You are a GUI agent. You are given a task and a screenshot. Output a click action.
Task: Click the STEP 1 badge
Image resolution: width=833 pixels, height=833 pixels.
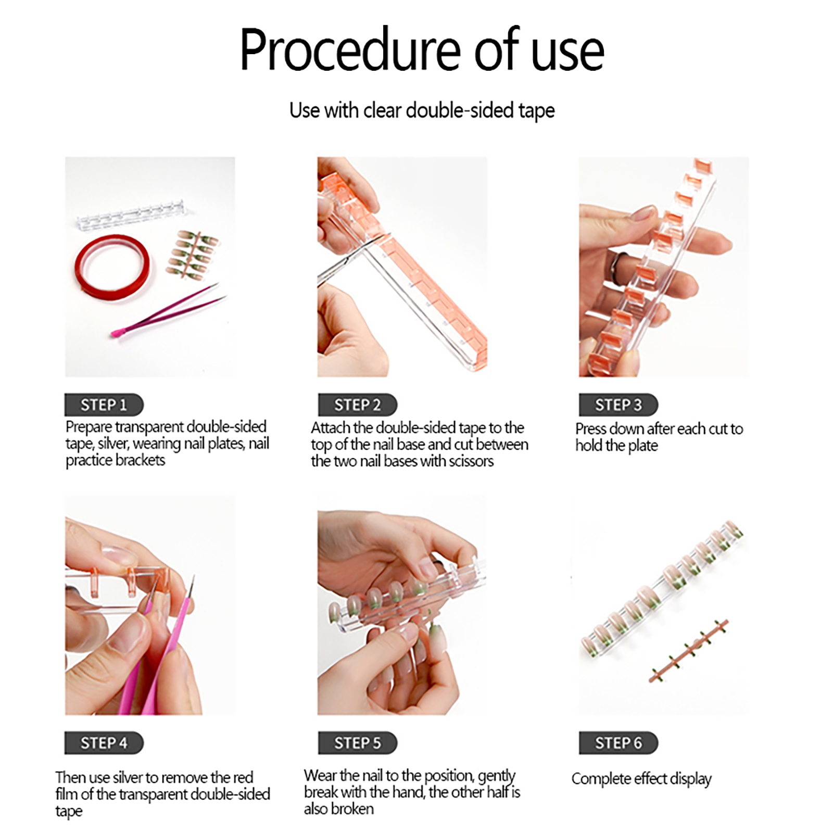[104, 405]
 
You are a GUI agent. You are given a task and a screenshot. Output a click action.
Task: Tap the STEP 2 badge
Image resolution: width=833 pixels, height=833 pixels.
[358, 405]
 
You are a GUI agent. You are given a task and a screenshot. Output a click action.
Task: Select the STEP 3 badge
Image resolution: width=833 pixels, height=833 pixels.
[619, 405]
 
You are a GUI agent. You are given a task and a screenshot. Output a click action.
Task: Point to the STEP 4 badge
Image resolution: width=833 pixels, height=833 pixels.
[104, 742]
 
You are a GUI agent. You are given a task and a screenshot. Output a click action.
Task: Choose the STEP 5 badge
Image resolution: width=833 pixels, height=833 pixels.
[358, 742]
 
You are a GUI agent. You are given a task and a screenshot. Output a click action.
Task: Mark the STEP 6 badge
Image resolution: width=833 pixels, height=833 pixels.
[619, 742]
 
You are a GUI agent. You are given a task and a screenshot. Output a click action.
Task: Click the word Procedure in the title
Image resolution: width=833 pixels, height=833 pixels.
[350, 51]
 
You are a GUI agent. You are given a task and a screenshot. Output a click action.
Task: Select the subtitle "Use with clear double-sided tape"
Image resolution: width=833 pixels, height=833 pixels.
[422, 110]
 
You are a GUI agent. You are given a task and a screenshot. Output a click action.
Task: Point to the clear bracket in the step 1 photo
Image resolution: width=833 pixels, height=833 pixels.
[136, 217]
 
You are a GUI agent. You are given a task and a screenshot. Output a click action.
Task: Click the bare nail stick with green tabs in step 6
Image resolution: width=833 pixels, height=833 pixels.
[689, 651]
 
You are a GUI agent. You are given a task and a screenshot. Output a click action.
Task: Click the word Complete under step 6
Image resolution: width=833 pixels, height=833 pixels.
[601, 779]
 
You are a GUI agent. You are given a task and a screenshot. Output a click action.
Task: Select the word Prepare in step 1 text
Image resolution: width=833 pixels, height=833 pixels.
[89, 427]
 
